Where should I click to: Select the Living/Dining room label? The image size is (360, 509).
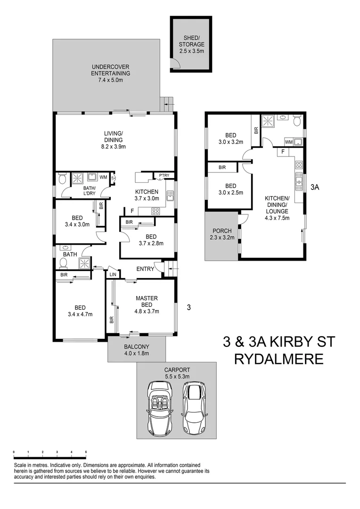113,137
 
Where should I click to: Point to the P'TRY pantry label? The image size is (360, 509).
164,176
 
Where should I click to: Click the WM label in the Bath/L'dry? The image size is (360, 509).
103,177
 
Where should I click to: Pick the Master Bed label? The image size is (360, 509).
147,301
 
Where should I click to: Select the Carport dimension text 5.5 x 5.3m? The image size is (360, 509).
177,376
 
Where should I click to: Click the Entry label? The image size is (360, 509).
145,269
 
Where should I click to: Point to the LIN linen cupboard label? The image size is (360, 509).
113,274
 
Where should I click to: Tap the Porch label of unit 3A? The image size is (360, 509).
222,231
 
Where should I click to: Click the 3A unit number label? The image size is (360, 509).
315,187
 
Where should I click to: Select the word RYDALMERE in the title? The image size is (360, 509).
279,360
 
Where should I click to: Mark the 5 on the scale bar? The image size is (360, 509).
86,452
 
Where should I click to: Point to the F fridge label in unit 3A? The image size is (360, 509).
282,152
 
